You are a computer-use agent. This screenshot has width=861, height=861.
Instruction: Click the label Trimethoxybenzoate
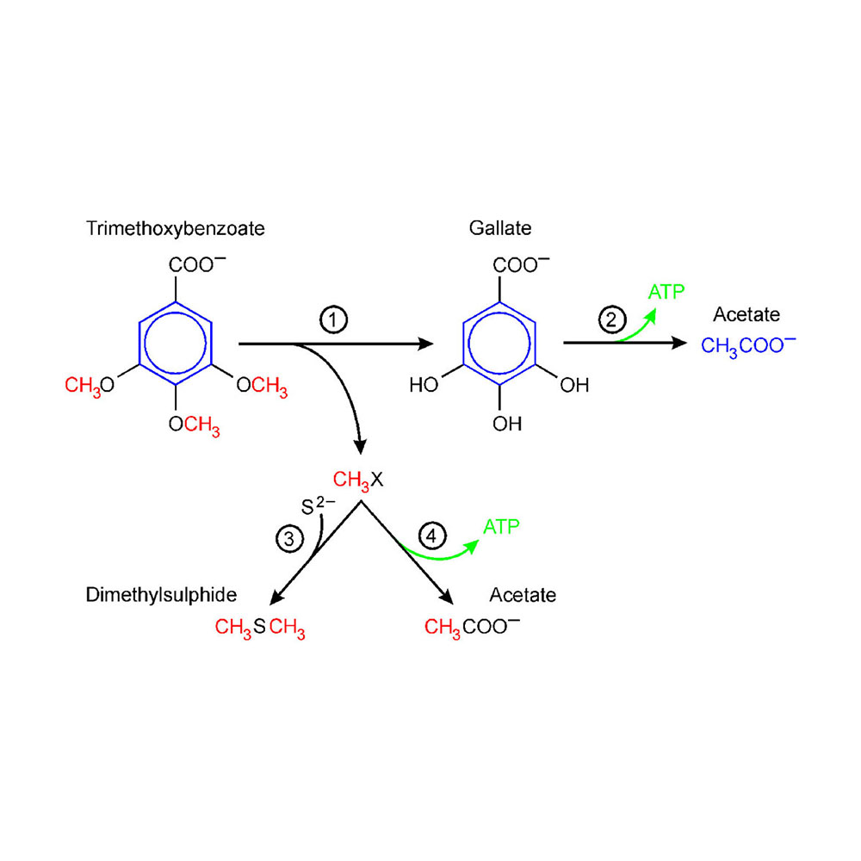(x=176, y=228)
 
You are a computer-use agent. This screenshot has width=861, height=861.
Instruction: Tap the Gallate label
(x=500, y=228)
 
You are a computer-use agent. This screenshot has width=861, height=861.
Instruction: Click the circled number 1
(x=333, y=320)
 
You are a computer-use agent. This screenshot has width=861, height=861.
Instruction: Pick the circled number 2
(x=610, y=320)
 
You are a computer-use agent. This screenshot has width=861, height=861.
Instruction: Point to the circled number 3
(x=289, y=539)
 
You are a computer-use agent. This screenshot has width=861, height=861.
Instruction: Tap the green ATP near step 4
(x=501, y=526)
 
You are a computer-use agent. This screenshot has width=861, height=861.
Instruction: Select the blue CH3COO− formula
(x=748, y=345)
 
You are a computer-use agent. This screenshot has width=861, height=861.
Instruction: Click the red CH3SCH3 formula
(x=260, y=629)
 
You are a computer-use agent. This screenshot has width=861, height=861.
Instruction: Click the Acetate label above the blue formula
(x=746, y=314)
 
